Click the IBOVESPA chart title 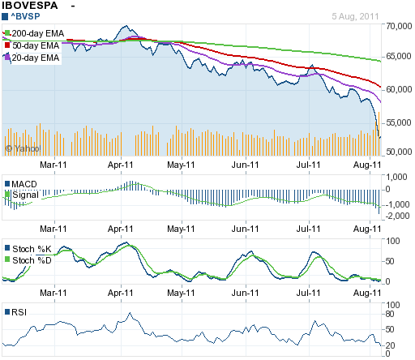pyautogui.click(x=30, y=6)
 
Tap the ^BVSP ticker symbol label pyautogui.click(x=21, y=16)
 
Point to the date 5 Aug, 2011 pyautogui.click(x=355, y=16)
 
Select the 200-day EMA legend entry pyautogui.click(x=34, y=33)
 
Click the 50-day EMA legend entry pyautogui.click(x=32, y=45)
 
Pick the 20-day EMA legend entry pyautogui.click(x=32, y=58)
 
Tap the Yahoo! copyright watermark pyautogui.click(x=24, y=148)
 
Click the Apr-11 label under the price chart pyautogui.click(x=121, y=165)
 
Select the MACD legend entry pyautogui.click(x=21, y=184)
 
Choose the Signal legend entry pyautogui.click(x=22, y=195)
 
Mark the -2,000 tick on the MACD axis pyautogui.click(x=397, y=216)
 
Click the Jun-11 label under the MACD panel pyautogui.click(x=245, y=229)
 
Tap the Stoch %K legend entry pyautogui.click(x=28, y=249)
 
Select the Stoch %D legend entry pyautogui.click(x=28, y=260)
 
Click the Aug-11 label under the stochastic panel pyautogui.click(x=367, y=293)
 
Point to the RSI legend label pyautogui.click(x=16, y=312)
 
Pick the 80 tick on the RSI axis pyautogui.click(x=390, y=314)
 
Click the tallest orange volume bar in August pyautogui.click(x=379, y=134)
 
